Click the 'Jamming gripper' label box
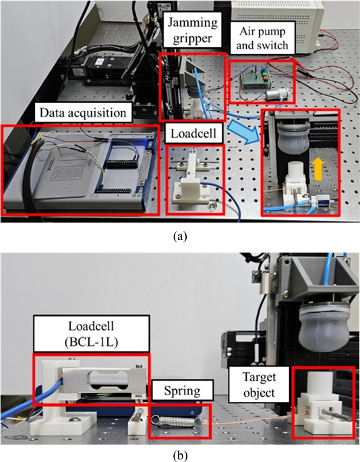point(192,30)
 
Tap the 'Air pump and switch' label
point(262,38)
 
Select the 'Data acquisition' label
point(83,112)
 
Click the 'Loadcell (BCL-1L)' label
point(91,334)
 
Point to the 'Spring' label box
point(182,391)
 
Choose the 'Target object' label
point(259,384)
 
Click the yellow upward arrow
point(318,169)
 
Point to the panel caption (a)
point(180,237)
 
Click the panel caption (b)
point(180,456)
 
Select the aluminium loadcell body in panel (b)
point(104,381)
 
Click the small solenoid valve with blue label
point(320,203)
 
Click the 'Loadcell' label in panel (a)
point(193,134)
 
